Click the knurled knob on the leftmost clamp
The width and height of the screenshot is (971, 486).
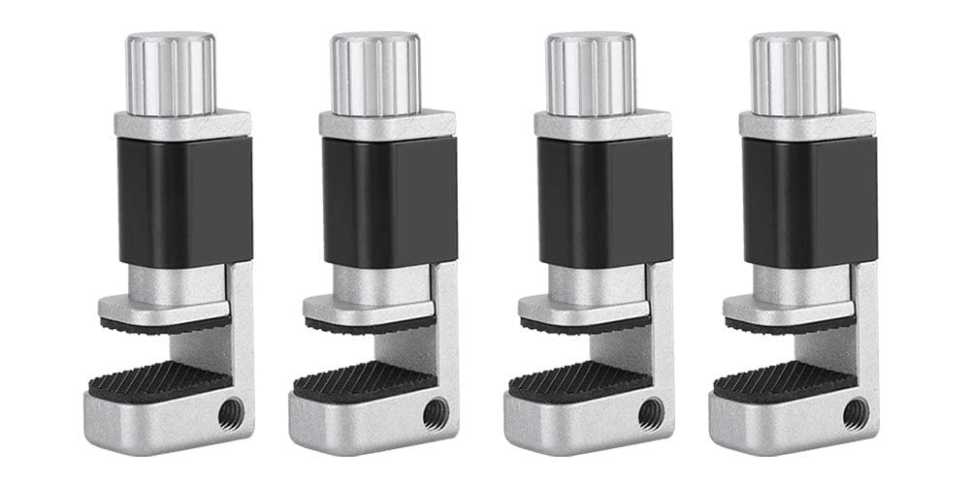170,74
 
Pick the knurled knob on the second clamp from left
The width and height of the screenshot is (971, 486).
375,74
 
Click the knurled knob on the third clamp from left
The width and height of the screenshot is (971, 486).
590,74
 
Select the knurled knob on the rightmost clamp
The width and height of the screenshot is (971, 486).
795,74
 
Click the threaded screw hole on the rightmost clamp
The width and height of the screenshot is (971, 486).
855,411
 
